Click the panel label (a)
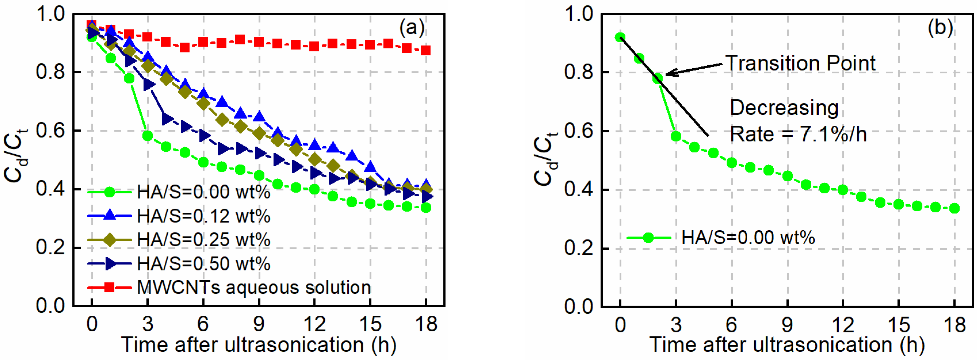(412, 28)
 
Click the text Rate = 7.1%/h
(798, 134)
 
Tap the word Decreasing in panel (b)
(784, 108)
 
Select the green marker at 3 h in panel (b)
(676, 136)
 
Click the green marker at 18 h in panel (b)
(954, 208)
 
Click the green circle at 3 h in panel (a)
(148, 136)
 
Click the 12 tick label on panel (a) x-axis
(314, 324)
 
